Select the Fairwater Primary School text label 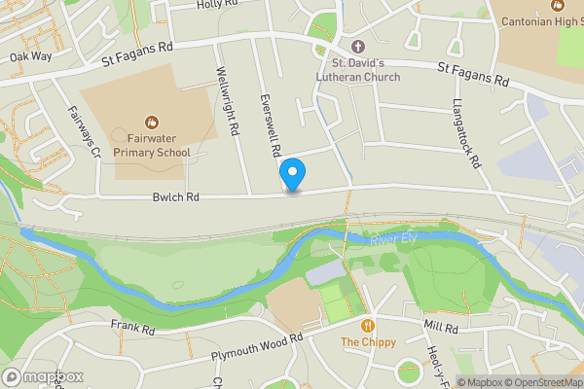[x=152, y=146]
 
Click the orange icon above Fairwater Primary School [x=152, y=123]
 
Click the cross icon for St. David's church [x=357, y=47]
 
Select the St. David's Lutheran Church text [x=357, y=71]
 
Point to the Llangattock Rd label [x=468, y=133]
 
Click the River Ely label [x=390, y=239]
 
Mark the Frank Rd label [x=133, y=328]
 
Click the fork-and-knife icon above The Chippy [x=368, y=326]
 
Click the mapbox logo [x=43, y=376]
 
